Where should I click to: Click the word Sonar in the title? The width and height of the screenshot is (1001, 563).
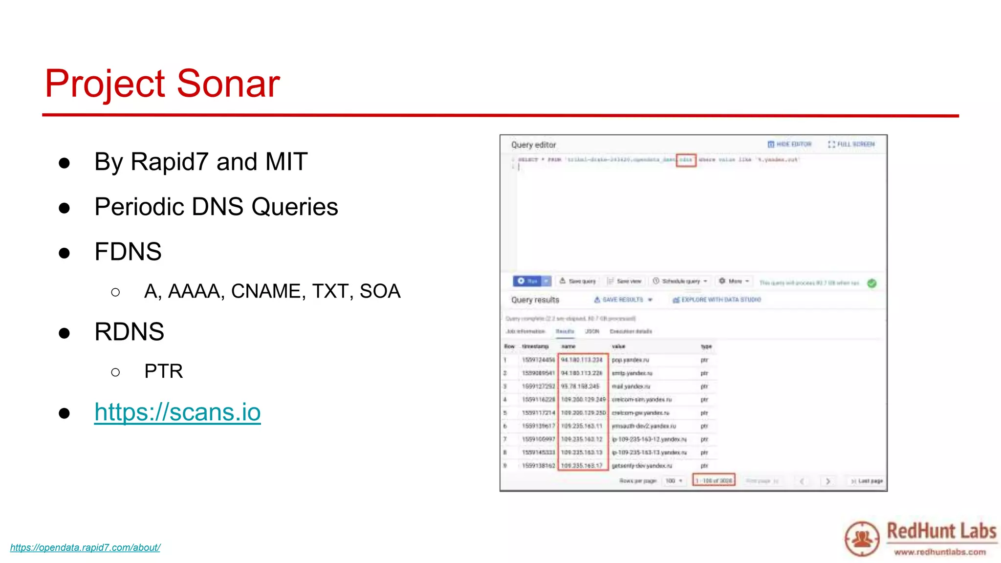point(228,84)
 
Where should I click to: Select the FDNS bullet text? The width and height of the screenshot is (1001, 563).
point(128,252)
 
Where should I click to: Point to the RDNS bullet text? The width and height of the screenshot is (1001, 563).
point(129,332)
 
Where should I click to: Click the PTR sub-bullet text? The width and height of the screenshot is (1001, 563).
point(163,371)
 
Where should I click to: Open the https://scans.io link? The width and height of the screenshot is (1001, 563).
point(177,412)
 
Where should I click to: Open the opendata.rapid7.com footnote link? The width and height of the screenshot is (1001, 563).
point(85,548)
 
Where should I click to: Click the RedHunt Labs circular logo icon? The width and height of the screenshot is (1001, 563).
point(862,539)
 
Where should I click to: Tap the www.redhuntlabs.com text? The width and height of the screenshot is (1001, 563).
point(939,552)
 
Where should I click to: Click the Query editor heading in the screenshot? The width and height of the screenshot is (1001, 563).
point(533,145)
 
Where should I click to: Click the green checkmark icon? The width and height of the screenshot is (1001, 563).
point(872,283)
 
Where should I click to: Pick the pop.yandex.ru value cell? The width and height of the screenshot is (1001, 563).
point(631,360)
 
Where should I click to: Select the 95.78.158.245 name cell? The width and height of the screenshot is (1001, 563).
point(580,387)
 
